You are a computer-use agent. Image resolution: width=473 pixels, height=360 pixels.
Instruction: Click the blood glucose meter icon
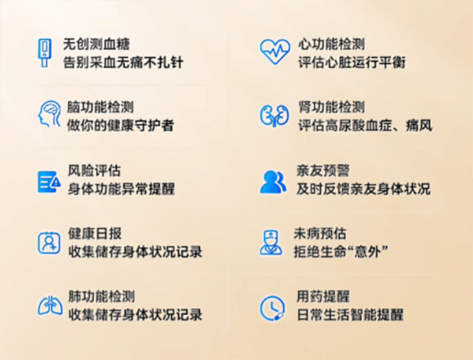pyautogui.click(x=44, y=52)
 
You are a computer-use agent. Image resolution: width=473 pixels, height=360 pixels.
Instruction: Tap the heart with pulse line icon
pyautogui.click(x=275, y=52)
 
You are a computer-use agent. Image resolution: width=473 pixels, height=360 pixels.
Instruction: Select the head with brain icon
pyautogui.click(x=50, y=114)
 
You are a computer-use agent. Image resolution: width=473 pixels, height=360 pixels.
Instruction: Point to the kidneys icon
pyautogui.click(x=274, y=115)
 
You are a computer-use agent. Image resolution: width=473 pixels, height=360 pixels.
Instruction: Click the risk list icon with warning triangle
pyautogui.click(x=50, y=182)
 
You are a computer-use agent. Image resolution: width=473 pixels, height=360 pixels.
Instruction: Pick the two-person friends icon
pyautogui.click(x=273, y=182)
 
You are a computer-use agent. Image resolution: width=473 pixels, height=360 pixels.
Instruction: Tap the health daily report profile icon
pyautogui.click(x=50, y=242)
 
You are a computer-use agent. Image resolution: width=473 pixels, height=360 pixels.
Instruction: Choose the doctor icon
pyautogui.click(x=271, y=242)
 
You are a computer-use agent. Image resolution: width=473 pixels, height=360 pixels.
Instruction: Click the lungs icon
pyautogui.click(x=50, y=306)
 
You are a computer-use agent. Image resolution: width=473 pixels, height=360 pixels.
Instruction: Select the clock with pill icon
pyautogui.click(x=273, y=308)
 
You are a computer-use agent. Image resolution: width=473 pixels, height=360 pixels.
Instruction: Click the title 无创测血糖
pyautogui.click(x=96, y=44)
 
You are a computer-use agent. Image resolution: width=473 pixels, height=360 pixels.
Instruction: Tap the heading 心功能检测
pyautogui.click(x=332, y=44)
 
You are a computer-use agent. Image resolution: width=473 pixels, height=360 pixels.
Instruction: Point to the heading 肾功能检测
pyautogui.click(x=332, y=107)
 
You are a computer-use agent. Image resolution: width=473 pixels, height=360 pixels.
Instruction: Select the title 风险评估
pyautogui.click(x=94, y=171)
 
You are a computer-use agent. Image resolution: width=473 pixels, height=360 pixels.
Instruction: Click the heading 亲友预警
pyautogui.click(x=323, y=171)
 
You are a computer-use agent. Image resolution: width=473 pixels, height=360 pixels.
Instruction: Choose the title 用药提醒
pyautogui.click(x=323, y=296)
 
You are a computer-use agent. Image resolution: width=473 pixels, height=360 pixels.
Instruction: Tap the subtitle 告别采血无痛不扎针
pyautogui.click(x=123, y=63)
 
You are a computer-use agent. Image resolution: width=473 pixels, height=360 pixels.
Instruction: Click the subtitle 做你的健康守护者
pyautogui.click(x=120, y=126)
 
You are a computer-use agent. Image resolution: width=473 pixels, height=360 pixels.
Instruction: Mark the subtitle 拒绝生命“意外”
pyautogui.click(x=341, y=251)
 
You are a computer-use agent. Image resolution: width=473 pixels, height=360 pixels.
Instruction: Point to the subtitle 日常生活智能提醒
pyautogui.click(x=350, y=315)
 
